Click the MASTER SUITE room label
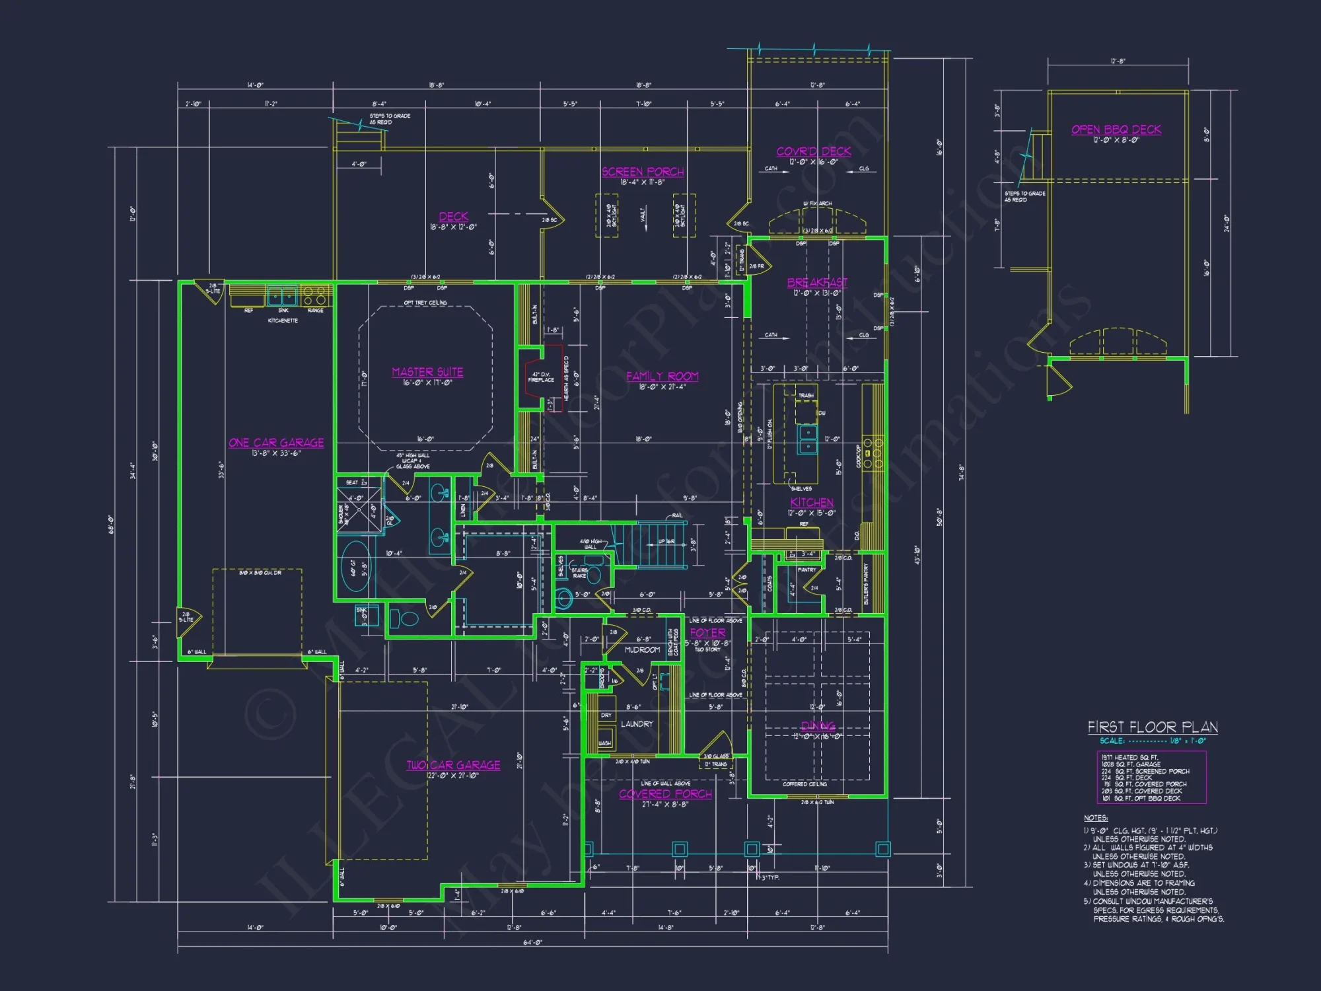(x=427, y=372)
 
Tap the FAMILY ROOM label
(x=662, y=376)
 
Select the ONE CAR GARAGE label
(x=276, y=443)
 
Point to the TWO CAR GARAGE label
(x=453, y=765)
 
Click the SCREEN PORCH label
(x=642, y=172)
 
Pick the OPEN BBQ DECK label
(x=1116, y=129)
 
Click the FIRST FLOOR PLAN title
(x=1153, y=727)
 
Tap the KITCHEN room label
(x=811, y=502)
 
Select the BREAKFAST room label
(x=817, y=283)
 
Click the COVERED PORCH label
(x=665, y=794)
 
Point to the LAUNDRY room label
(x=637, y=724)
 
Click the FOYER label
(x=707, y=633)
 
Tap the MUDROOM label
(x=642, y=650)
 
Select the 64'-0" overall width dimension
(x=532, y=943)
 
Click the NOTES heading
(x=1095, y=818)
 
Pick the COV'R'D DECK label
(x=813, y=151)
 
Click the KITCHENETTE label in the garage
(x=283, y=320)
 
